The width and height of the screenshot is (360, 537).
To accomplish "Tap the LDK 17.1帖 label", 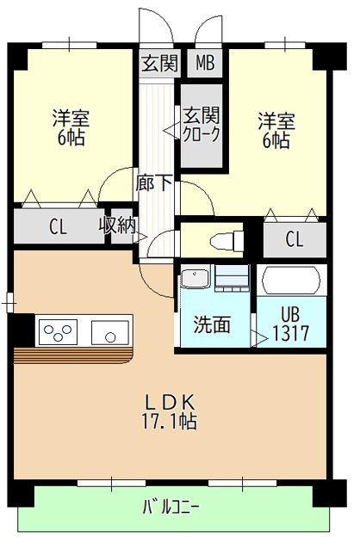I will click(x=170, y=411).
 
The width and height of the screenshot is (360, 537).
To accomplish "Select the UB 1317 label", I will click(x=291, y=324).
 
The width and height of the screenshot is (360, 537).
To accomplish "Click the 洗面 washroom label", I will click(x=211, y=324).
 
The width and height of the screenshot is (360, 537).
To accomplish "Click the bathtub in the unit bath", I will click(x=292, y=281).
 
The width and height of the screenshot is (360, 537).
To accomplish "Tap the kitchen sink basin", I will click(x=111, y=330).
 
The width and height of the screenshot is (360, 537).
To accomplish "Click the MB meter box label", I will click(x=205, y=63).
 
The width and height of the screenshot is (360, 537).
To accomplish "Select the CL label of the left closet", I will click(x=58, y=228).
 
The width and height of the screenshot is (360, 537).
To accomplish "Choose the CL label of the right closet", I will click(x=294, y=239).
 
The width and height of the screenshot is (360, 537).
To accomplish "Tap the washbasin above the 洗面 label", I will click(x=194, y=280).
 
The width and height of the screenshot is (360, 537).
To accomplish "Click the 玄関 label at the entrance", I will click(x=158, y=63).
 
